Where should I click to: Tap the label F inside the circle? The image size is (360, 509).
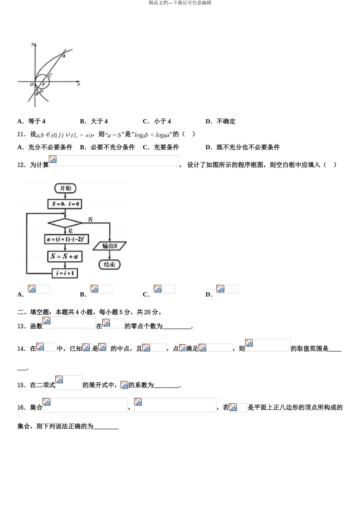click(x=44, y=84)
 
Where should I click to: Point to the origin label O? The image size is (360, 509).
click(x=32, y=84)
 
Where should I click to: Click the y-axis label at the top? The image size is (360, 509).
click(x=33, y=44)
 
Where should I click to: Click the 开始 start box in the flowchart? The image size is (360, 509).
click(x=65, y=188)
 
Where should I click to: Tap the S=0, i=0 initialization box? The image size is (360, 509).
click(x=65, y=204)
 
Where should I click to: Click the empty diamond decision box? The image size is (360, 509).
click(x=65, y=223)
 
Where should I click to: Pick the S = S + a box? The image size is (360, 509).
click(x=65, y=256)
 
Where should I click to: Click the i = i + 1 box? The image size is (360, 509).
click(x=65, y=273)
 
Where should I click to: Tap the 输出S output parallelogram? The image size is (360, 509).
click(x=110, y=246)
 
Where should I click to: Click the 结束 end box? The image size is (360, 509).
click(x=110, y=264)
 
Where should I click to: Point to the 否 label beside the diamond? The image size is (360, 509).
click(x=90, y=220)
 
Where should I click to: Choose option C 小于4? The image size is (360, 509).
click(x=157, y=122)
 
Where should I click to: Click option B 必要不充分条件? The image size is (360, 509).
click(x=108, y=147)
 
